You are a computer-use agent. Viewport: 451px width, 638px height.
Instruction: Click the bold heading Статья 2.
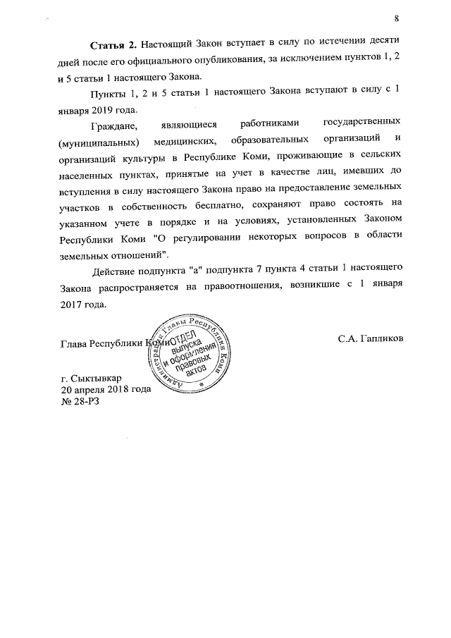pyautogui.click(x=111, y=44)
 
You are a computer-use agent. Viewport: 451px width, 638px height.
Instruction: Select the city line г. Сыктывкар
pyautogui.click(x=90, y=378)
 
